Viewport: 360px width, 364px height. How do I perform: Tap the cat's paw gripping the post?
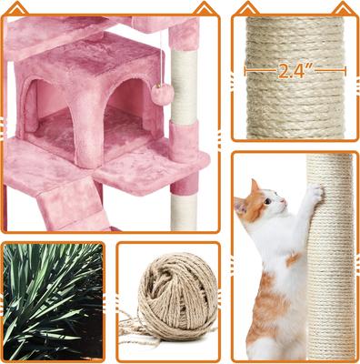314,193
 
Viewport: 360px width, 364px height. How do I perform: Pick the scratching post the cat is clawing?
330,264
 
